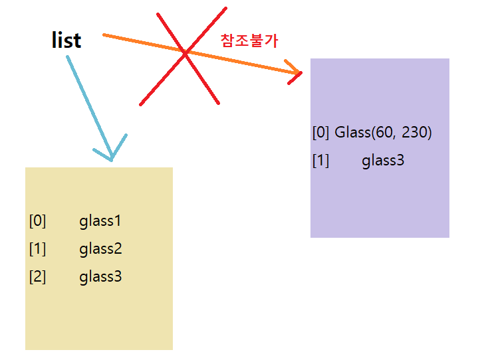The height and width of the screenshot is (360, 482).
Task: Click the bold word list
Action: (x=66, y=40)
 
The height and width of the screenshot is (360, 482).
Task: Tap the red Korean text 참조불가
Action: (x=249, y=40)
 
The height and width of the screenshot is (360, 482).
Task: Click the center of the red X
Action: (x=185, y=52)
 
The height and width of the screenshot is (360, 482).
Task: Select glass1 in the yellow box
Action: (x=100, y=221)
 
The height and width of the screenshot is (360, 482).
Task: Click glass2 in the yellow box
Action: (x=100, y=249)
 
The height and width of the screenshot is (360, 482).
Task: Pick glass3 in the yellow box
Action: (x=100, y=277)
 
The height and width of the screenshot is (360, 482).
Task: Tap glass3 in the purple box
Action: (x=383, y=161)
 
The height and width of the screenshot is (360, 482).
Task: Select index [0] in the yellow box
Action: (x=37, y=221)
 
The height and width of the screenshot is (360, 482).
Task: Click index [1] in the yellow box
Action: (x=37, y=249)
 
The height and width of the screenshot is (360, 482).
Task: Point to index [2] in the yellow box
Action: (x=37, y=277)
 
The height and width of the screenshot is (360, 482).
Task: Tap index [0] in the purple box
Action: (x=320, y=132)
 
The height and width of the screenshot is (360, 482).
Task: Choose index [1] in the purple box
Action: (x=320, y=161)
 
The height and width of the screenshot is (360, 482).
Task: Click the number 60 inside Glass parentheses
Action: (x=383, y=132)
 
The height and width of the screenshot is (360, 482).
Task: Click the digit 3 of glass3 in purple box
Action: (x=400, y=161)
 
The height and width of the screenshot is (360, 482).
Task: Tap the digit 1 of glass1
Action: (x=118, y=221)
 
